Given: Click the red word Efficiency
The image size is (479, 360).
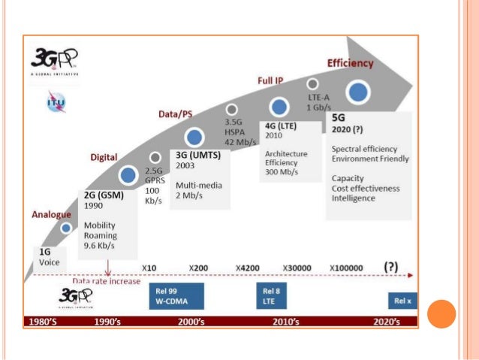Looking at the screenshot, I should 350,63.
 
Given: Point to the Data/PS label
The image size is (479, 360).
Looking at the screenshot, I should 174,113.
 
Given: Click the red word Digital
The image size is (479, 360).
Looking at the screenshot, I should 104,158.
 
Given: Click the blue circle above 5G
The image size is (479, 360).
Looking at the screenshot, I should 359,92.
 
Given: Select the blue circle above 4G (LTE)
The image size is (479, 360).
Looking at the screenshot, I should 279,107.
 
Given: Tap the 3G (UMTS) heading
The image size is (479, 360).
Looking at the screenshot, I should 197,156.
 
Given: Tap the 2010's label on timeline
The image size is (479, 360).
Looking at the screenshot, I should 285,322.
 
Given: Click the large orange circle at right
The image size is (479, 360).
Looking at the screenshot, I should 441,313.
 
